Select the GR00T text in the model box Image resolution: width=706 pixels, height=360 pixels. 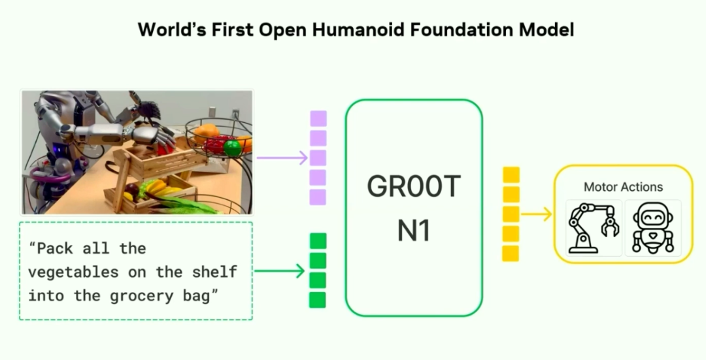coord(414,186)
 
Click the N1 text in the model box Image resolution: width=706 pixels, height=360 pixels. coord(414,231)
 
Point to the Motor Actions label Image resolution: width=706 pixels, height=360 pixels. coord(623,187)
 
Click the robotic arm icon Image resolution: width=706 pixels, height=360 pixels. coord(594,227)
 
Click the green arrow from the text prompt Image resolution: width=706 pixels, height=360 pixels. coord(280,271)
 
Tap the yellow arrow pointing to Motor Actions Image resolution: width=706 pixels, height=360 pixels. coord(536,214)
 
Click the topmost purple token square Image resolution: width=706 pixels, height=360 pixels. coord(318,119)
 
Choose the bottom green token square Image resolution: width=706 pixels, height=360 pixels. coord(318,300)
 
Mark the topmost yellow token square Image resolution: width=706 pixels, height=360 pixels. coord(511,175)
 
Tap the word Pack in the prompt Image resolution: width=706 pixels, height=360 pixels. coord(51,248)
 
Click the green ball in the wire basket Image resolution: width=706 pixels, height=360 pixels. coord(232,148)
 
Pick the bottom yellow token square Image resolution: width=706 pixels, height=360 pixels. coord(511,254)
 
